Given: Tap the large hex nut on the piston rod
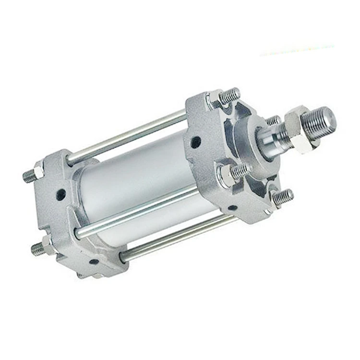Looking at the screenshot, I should tap(299, 130).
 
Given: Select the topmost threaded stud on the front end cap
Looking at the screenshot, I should tap(230, 95).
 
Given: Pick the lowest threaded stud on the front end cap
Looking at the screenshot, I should tap(283, 196).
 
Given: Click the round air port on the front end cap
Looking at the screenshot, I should tap(196, 142).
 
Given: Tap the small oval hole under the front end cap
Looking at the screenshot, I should tap(232, 208).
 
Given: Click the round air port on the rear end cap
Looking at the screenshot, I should tap(60, 194).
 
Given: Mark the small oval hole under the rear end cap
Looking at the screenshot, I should tap(94, 262).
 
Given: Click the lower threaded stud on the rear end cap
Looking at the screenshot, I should tap(37, 249).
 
